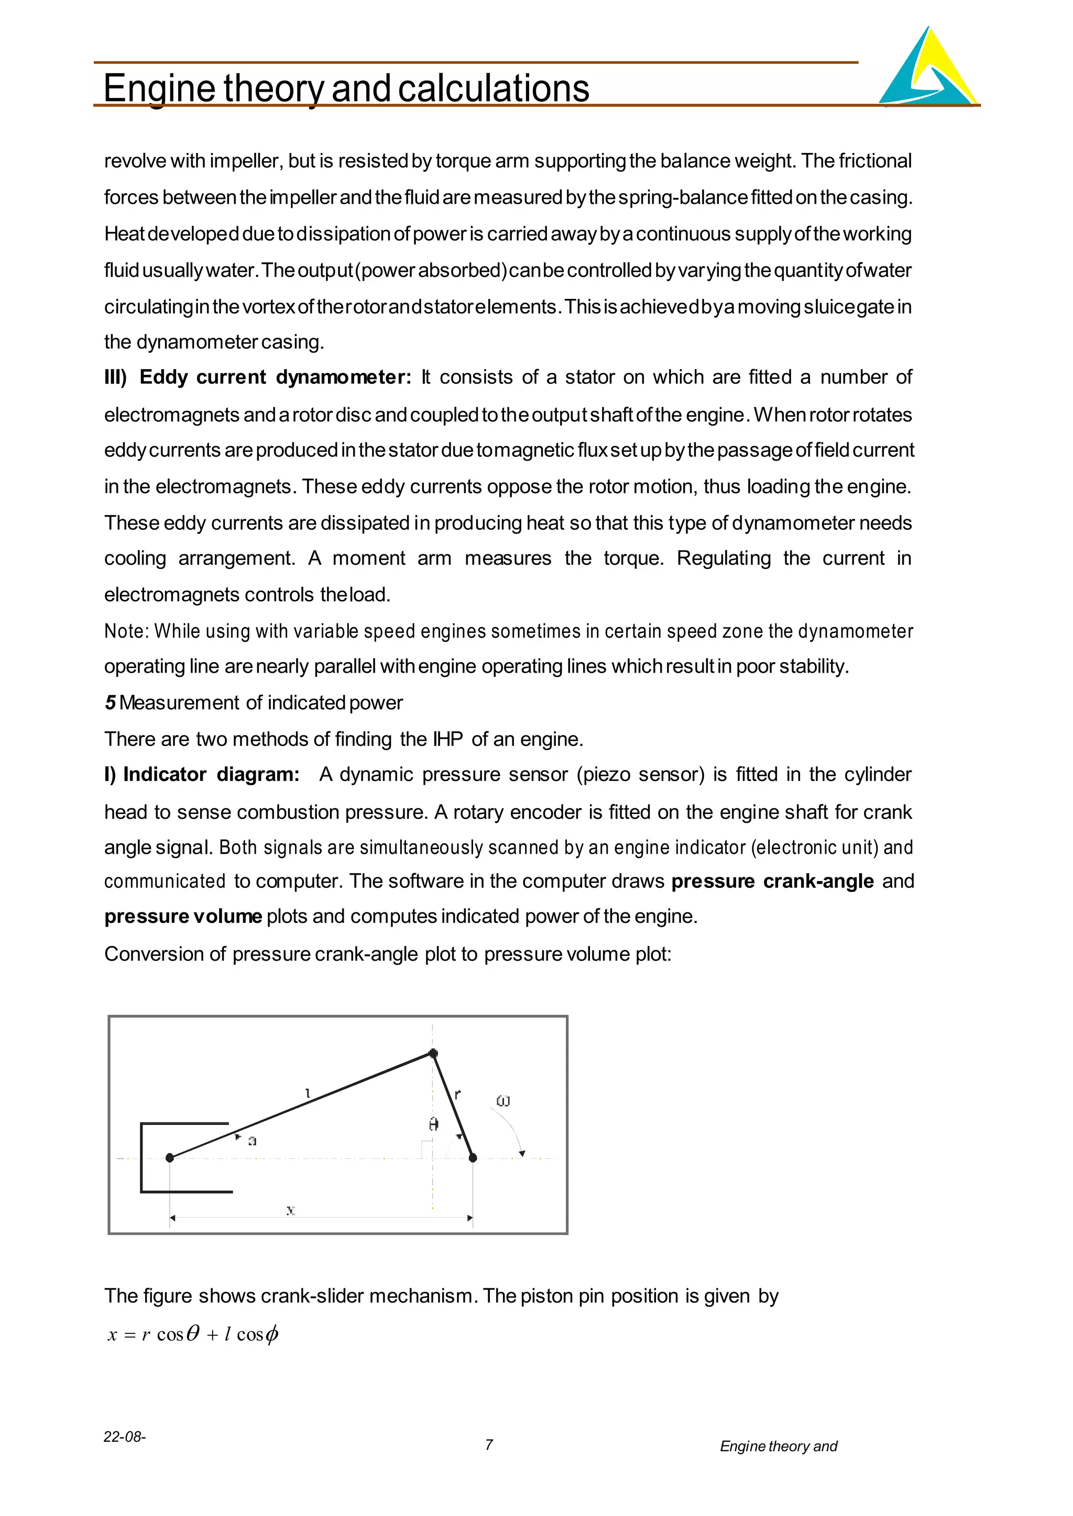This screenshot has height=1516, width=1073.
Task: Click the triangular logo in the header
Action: point(928,69)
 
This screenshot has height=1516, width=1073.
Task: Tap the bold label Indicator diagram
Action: point(211,775)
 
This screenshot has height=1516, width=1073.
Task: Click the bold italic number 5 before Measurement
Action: point(111,703)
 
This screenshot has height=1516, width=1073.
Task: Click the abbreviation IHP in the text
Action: point(447,739)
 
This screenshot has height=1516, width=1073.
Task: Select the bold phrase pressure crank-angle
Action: point(772,881)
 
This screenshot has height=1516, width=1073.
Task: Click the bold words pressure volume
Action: point(183,917)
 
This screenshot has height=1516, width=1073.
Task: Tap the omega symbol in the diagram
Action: point(503,1101)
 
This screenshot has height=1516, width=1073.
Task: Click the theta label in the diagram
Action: point(433,1124)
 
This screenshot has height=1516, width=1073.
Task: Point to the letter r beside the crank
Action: point(457,1094)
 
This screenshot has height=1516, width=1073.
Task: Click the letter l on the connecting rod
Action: point(307,1094)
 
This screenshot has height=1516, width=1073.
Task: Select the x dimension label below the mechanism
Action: point(290,1210)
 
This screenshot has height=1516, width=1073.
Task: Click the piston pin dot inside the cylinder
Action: point(170,1157)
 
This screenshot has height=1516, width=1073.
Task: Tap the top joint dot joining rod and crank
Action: point(433,1053)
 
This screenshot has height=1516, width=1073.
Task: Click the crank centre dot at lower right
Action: point(473,1157)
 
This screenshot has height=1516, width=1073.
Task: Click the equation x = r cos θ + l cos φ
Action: point(193,1334)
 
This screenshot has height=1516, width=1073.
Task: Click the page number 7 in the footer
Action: point(489,1445)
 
